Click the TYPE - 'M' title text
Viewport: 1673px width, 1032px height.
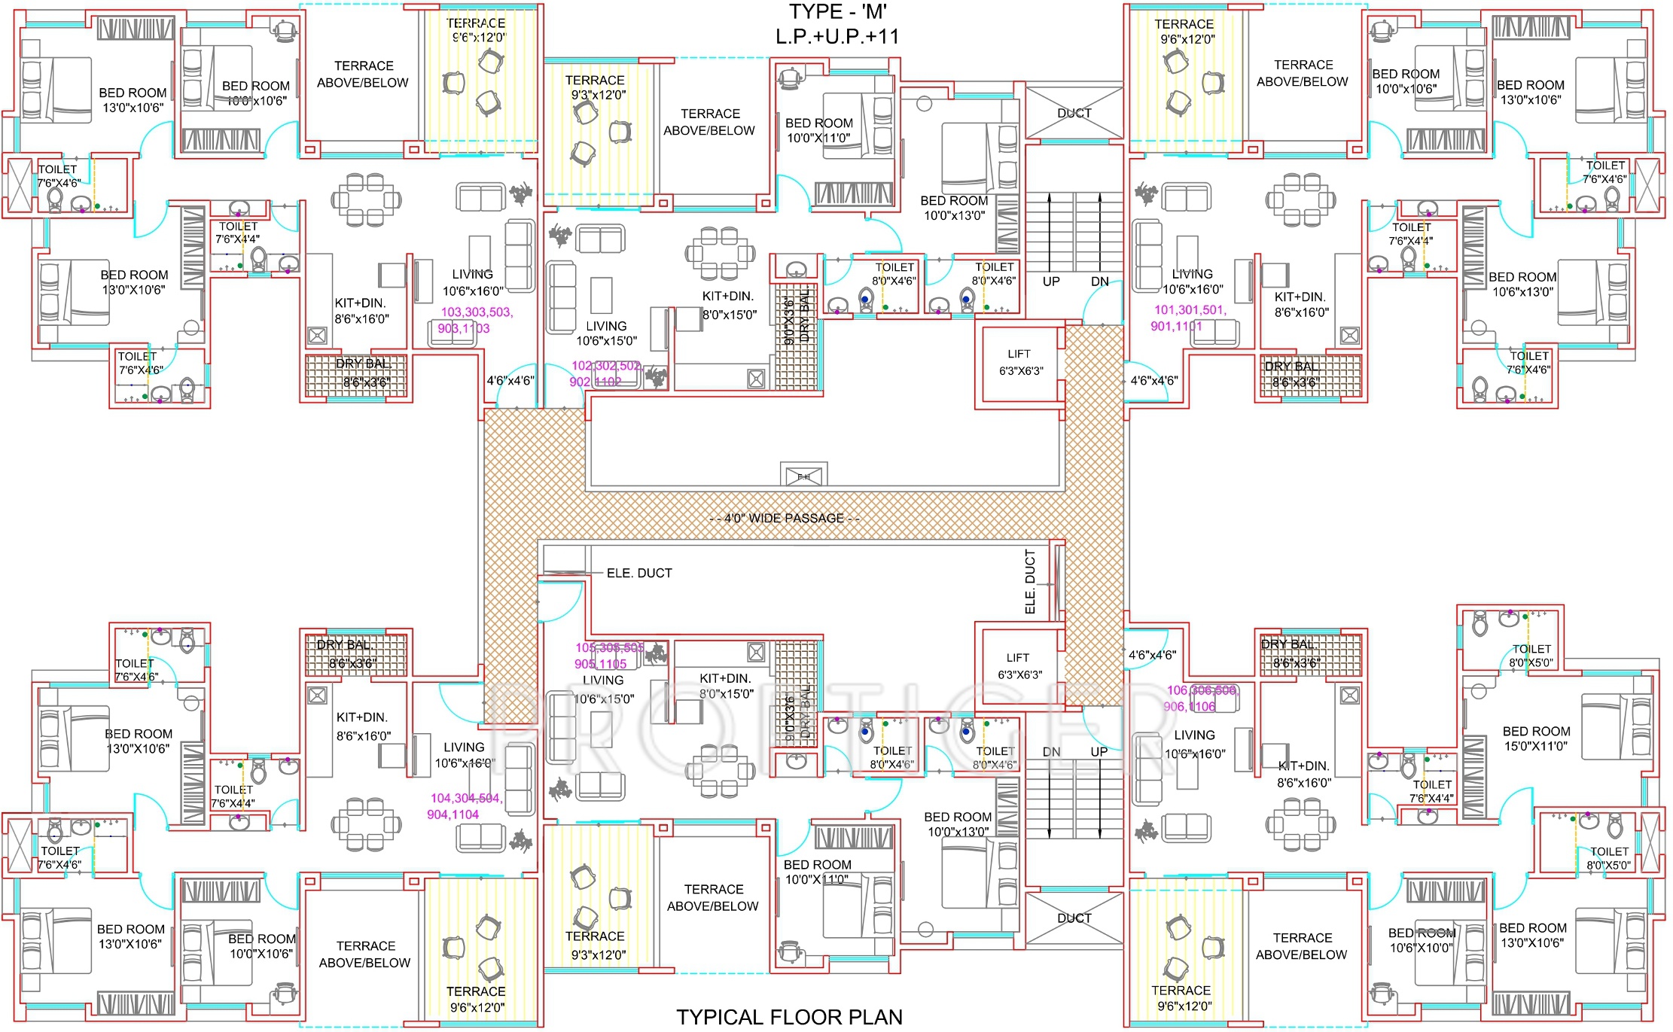click(x=837, y=12)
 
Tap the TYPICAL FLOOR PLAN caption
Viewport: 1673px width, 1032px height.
click(x=789, y=1017)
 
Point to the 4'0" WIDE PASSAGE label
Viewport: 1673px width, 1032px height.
click(x=784, y=518)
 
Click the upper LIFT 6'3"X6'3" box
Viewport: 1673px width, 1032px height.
click(x=1020, y=363)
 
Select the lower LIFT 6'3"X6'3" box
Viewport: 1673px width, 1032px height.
click(x=1019, y=666)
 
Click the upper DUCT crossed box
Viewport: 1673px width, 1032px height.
click(x=1074, y=114)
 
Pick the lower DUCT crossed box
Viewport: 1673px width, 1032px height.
click(x=1074, y=918)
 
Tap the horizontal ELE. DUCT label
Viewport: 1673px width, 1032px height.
click(x=638, y=573)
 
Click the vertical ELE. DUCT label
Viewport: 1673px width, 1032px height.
click(x=1030, y=581)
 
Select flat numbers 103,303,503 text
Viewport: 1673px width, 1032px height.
click(x=476, y=312)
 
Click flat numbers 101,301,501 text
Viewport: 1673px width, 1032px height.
click(x=1190, y=309)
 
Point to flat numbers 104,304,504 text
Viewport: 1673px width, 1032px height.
click(x=466, y=798)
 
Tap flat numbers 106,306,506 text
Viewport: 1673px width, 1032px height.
click(x=1202, y=690)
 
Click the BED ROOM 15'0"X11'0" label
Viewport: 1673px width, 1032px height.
click(x=1536, y=738)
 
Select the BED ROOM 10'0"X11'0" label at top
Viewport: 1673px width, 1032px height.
click(x=818, y=130)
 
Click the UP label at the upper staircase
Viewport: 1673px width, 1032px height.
click(x=1051, y=281)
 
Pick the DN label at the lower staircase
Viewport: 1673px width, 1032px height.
click(x=1051, y=751)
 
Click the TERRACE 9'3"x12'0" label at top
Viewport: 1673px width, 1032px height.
click(x=595, y=87)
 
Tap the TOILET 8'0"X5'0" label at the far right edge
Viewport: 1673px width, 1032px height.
click(x=1608, y=858)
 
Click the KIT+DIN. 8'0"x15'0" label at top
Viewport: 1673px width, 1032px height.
click(x=728, y=305)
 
